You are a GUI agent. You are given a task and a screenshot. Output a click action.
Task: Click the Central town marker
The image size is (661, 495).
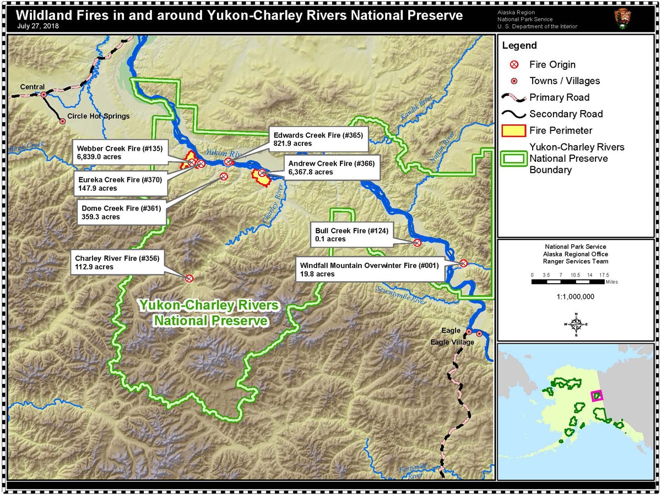click(44, 95)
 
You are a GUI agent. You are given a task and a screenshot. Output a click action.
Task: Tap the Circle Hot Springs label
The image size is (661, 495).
click(98, 117)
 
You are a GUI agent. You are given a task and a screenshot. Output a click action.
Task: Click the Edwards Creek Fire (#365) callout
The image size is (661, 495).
click(318, 139)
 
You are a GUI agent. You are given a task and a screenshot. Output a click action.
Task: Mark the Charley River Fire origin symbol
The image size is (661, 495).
click(189, 278)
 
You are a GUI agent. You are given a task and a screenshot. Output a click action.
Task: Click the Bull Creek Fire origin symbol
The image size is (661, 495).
click(417, 243)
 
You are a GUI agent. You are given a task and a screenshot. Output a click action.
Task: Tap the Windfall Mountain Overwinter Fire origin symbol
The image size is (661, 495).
click(463, 263)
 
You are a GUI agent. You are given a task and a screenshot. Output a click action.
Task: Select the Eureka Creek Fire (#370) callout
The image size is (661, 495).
click(120, 184)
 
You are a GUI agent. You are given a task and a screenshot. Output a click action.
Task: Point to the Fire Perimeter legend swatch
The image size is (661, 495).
click(512, 130)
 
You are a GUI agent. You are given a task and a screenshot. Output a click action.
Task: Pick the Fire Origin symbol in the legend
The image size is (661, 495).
click(514, 64)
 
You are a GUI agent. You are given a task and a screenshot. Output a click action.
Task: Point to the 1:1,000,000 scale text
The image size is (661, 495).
click(576, 296)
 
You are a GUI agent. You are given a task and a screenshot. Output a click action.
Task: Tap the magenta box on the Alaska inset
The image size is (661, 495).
click(597, 396)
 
